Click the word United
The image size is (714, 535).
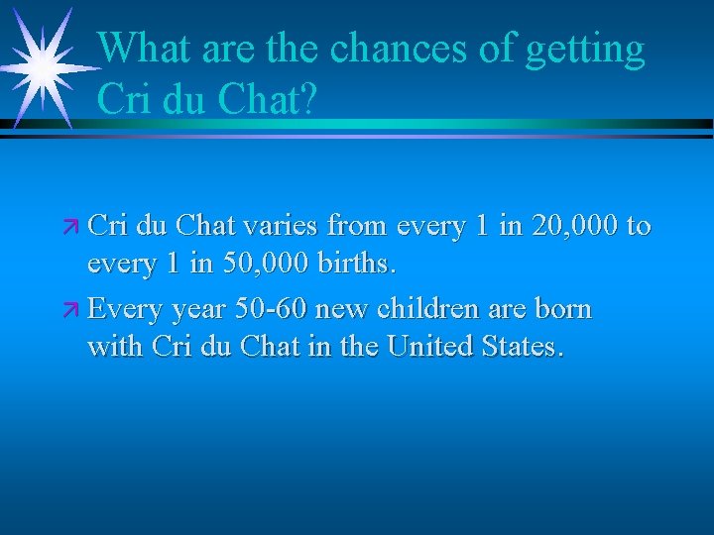pos(429,348)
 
